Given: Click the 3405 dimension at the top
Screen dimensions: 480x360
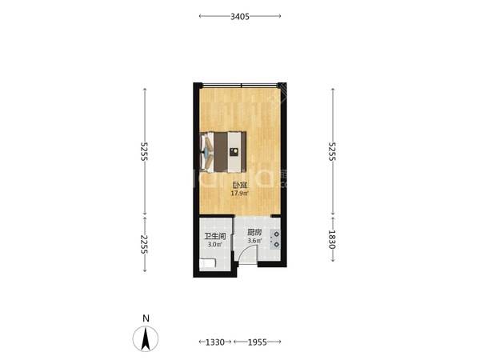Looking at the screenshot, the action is (x=240, y=17).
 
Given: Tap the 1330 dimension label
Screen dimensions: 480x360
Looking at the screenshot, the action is (x=215, y=342).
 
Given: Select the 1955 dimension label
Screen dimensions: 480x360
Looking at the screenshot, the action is (x=257, y=342).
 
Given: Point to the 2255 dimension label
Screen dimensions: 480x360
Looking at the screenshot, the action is (x=144, y=244).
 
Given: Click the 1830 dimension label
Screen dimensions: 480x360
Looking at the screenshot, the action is (x=332, y=239).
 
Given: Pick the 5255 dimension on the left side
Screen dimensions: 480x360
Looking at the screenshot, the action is (x=144, y=151).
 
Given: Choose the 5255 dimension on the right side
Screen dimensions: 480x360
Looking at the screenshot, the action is (x=332, y=151).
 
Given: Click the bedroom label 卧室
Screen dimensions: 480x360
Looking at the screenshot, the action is (x=240, y=186).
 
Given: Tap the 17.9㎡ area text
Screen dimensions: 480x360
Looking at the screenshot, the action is (x=240, y=193).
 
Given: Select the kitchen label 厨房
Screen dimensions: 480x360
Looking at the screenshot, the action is (x=254, y=232).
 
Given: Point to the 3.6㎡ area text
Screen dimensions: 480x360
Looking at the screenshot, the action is (x=254, y=241).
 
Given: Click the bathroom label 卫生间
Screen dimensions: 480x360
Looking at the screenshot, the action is (x=215, y=236).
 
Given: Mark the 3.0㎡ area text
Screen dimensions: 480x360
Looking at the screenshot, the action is (x=215, y=245).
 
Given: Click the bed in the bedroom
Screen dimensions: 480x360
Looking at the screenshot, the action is (x=223, y=152).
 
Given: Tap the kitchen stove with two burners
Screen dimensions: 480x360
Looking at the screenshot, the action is (x=275, y=239).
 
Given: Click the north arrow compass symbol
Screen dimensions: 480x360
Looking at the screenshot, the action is (x=146, y=338).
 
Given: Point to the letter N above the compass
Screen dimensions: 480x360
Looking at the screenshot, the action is (x=146, y=318).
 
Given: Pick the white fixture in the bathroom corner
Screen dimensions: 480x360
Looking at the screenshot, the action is (x=208, y=263).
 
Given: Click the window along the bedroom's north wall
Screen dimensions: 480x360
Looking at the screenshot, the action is (x=240, y=86).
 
